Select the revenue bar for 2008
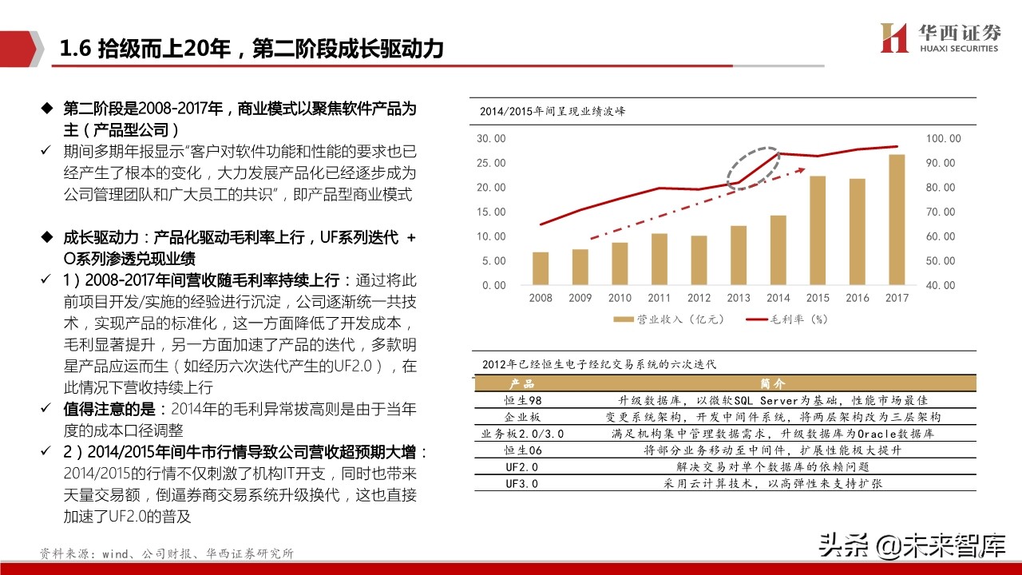(x=541, y=268)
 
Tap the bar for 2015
(x=818, y=230)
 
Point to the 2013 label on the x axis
(x=739, y=298)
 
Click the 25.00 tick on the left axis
(x=491, y=163)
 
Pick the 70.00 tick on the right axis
(x=941, y=212)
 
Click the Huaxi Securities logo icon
(x=894, y=37)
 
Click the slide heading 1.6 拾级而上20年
(x=251, y=50)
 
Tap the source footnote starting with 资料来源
(x=167, y=553)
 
